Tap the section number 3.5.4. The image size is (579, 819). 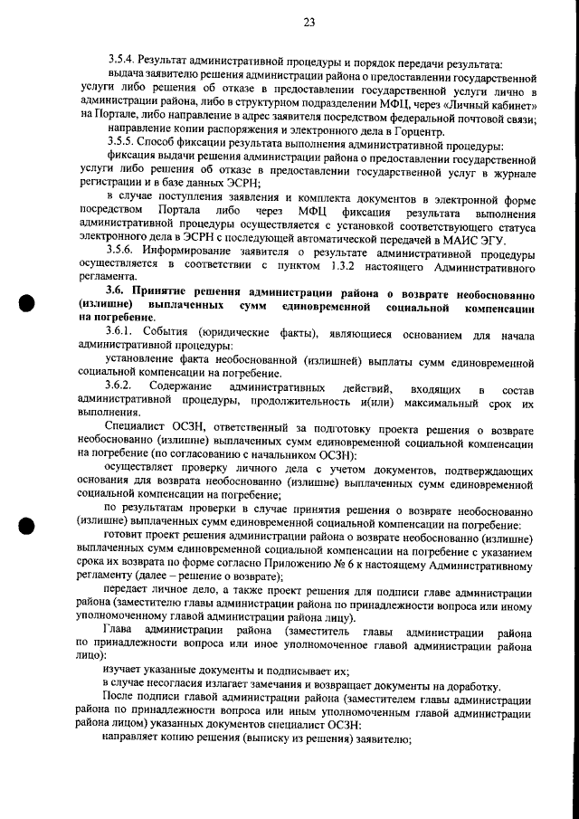coord(120,64)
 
